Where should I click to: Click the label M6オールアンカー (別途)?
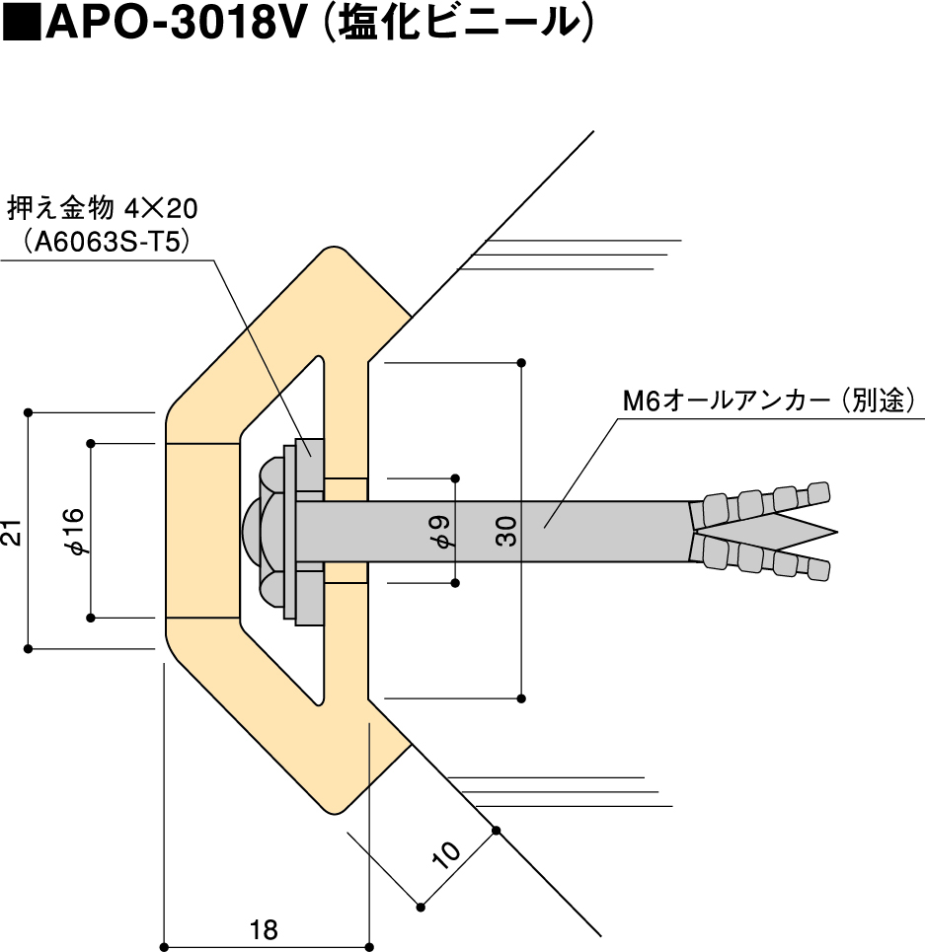tap(771, 402)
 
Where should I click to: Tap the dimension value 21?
tap(12, 534)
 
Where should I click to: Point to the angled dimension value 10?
tap(445, 852)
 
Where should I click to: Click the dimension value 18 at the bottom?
tap(264, 928)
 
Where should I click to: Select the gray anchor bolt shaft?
tap(592, 531)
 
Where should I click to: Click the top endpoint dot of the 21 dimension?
tap(29, 411)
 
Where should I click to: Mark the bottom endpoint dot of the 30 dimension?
tap(521, 699)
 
